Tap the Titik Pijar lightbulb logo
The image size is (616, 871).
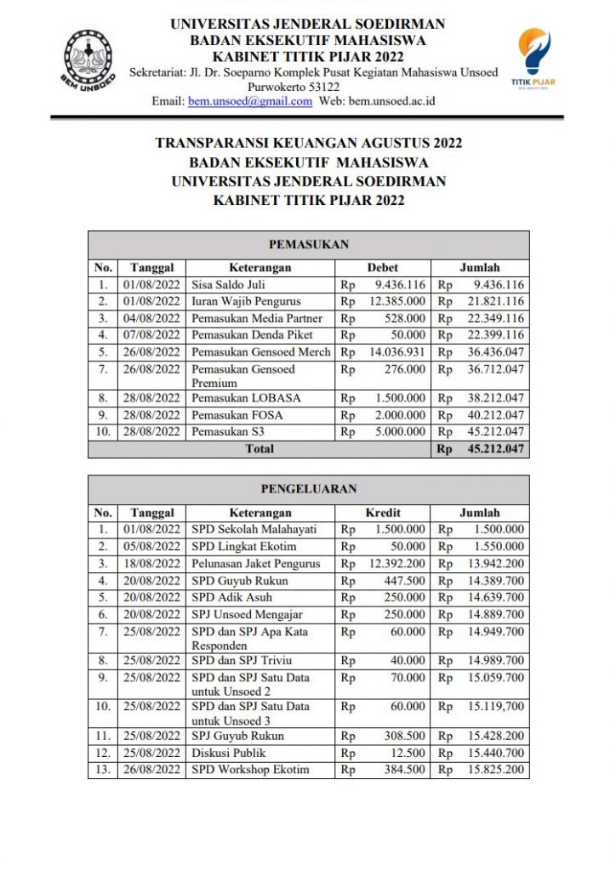pos(534,57)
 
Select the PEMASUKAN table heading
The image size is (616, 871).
pos(308,244)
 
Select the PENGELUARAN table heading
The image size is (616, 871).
pos(308,489)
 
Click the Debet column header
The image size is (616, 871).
pos(382,268)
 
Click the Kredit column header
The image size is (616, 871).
pos(383,513)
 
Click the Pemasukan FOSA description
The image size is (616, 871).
pos(237,415)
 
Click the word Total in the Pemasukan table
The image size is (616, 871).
pos(260,448)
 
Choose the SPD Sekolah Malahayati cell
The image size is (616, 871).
pos(253,529)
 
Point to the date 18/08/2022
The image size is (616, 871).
pos(151,563)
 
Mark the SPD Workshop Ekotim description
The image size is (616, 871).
pos(250,770)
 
